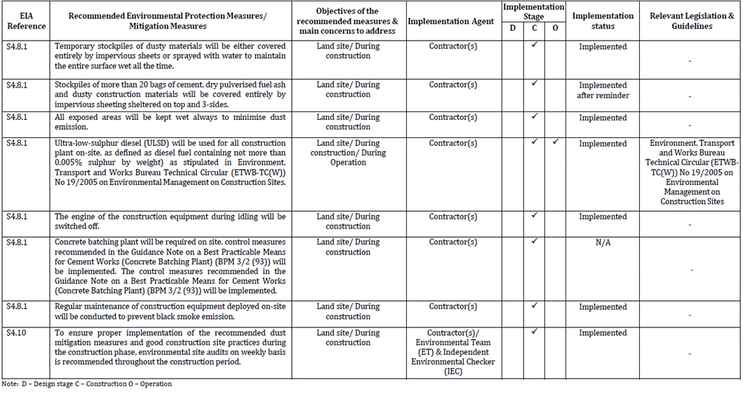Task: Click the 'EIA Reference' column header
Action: point(27,21)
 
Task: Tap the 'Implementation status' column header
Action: point(603,21)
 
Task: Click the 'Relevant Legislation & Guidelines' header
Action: point(690,21)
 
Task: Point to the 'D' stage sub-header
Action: point(513,27)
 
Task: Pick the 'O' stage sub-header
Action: point(555,27)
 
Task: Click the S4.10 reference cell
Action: point(16,333)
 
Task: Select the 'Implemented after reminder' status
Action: point(603,90)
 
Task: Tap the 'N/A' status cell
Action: point(603,243)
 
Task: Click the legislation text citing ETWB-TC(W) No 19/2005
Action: point(691,172)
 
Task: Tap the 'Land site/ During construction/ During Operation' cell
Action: point(348,153)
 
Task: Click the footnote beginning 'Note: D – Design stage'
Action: point(87,384)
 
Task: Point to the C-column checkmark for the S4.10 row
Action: point(534,332)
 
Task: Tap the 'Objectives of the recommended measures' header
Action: point(348,21)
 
